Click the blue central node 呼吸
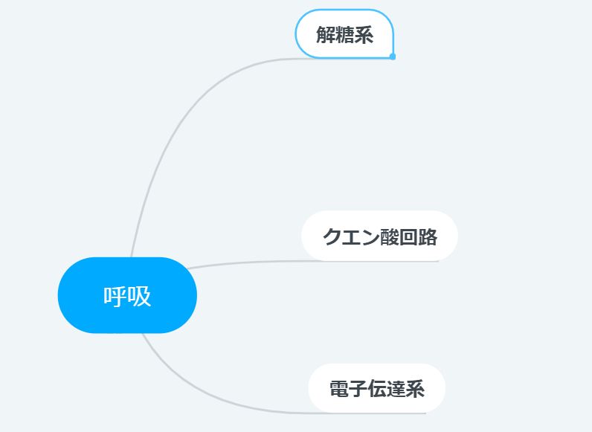tap(127, 295)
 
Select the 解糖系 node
tap(344, 34)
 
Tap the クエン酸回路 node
tap(379, 236)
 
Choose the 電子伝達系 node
tap(377, 388)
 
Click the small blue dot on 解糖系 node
tap(393, 57)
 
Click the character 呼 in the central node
tap(115, 296)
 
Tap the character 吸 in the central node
tap(139, 296)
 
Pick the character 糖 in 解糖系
tap(344, 35)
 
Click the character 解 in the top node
tap(326, 35)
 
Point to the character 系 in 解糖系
tap(364, 35)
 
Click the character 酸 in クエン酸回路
tap(389, 237)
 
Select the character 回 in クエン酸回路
tap(408, 237)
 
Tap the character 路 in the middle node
tap(428, 237)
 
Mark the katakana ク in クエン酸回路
tap(332, 237)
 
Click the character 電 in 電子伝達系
tap(339, 389)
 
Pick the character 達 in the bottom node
tap(396, 389)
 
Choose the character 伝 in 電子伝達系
tap(377, 389)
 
